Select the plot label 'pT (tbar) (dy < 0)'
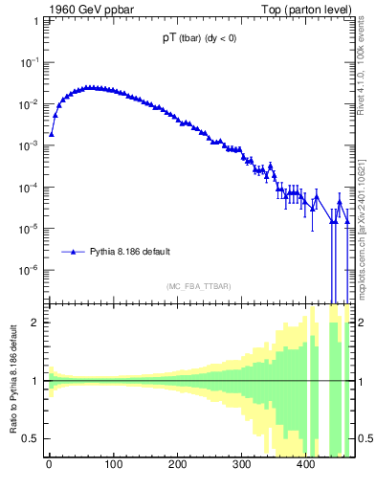200,39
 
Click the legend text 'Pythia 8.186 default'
130,252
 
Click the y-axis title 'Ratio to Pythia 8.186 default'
13,380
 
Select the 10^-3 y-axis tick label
30,145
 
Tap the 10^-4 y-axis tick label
30,188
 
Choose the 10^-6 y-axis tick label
30,271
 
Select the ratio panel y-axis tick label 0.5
32,438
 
